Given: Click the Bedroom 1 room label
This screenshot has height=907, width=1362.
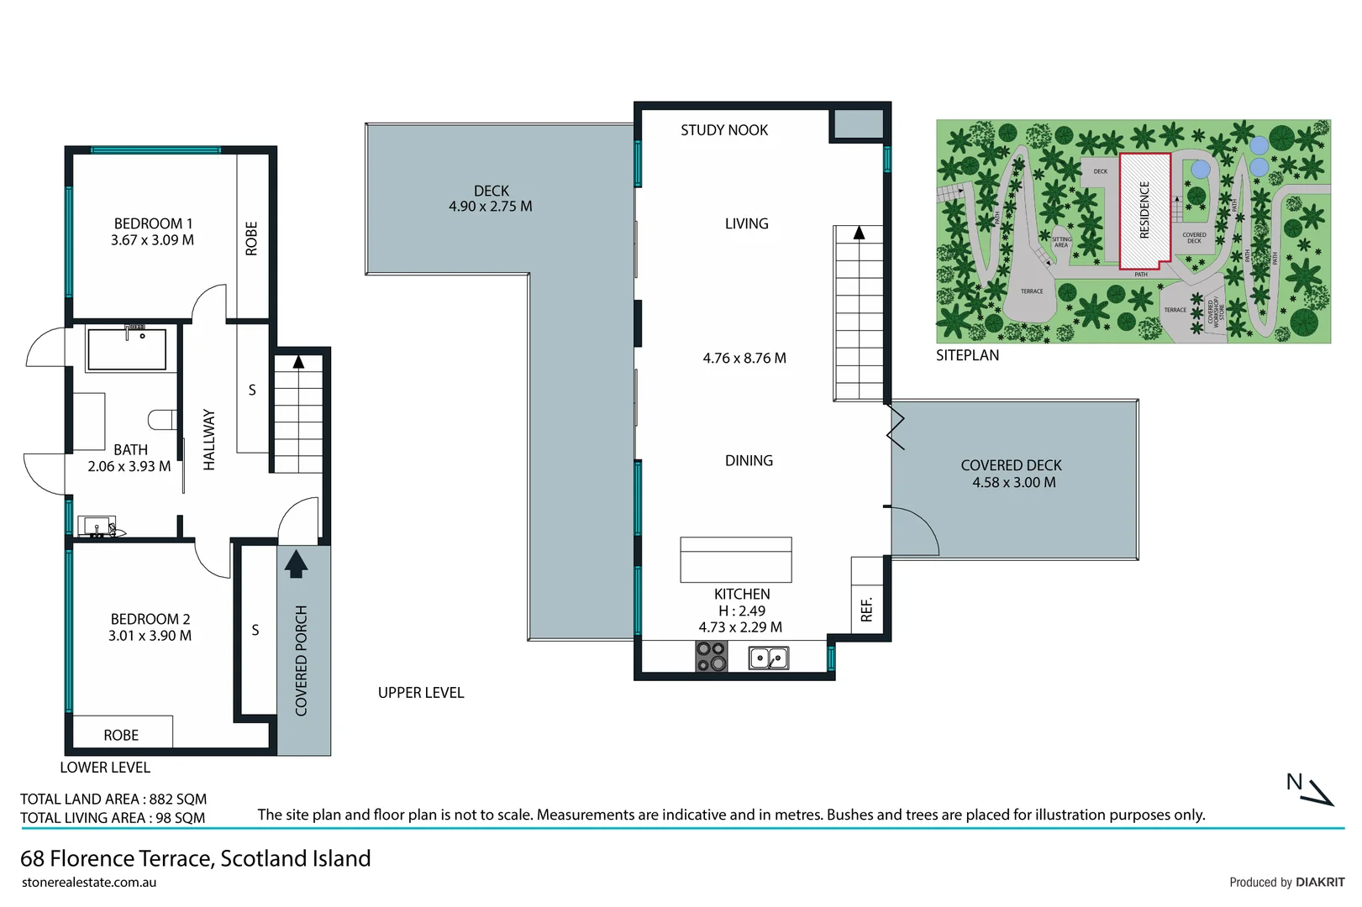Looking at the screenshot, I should click(x=153, y=223).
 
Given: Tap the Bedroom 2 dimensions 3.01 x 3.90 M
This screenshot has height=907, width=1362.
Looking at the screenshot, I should click(x=150, y=636).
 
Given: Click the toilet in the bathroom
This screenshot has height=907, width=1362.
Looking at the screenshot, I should click(x=162, y=419).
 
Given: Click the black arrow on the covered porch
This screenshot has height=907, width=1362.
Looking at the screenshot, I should click(x=295, y=564).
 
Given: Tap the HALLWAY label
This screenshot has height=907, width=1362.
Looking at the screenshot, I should click(x=209, y=440).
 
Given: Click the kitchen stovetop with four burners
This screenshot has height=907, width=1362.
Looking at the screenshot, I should click(x=711, y=656).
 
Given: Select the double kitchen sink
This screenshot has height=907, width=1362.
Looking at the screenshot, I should click(x=768, y=658).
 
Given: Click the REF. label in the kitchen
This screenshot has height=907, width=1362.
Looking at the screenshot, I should click(x=867, y=609).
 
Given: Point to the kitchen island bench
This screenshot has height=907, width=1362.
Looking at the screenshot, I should click(x=735, y=559).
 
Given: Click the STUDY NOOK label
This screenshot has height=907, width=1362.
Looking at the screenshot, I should click(x=723, y=130).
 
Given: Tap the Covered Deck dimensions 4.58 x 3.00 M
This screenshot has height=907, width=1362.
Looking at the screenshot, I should click(x=1013, y=483).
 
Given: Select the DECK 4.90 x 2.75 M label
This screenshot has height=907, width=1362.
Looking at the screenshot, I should click(x=491, y=199).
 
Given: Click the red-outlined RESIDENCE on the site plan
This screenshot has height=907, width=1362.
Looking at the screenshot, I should click(x=1144, y=210).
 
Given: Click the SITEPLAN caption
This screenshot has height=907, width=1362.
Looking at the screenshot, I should click(x=967, y=355).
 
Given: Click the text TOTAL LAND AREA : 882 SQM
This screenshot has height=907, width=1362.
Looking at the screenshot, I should click(x=113, y=800).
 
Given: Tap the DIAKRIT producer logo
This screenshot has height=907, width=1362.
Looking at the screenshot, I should click(x=1320, y=882).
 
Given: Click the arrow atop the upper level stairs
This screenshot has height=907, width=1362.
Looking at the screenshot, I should click(x=859, y=233).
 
